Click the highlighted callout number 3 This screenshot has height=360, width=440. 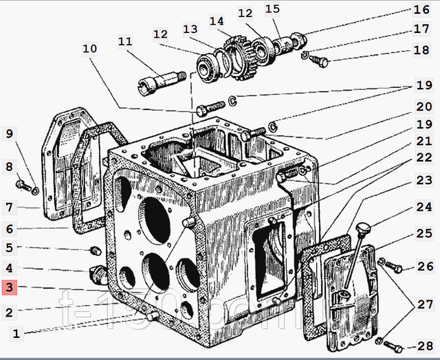pyautogui.click(x=9, y=289)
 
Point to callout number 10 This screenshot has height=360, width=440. pyautogui.click(x=90, y=49)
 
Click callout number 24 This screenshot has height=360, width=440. pyautogui.click(x=423, y=206)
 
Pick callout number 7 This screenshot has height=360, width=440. pyautogui.click(x=9, y=206)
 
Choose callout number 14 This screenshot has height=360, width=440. pyautogui.click(x=219, y=21)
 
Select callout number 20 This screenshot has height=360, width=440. pyautogui.click(x=423, y=107)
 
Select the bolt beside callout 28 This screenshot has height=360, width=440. pyautogui.click(x=390, y=343)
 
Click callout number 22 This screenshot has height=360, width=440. pyautogui.click(x=423, y=157)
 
